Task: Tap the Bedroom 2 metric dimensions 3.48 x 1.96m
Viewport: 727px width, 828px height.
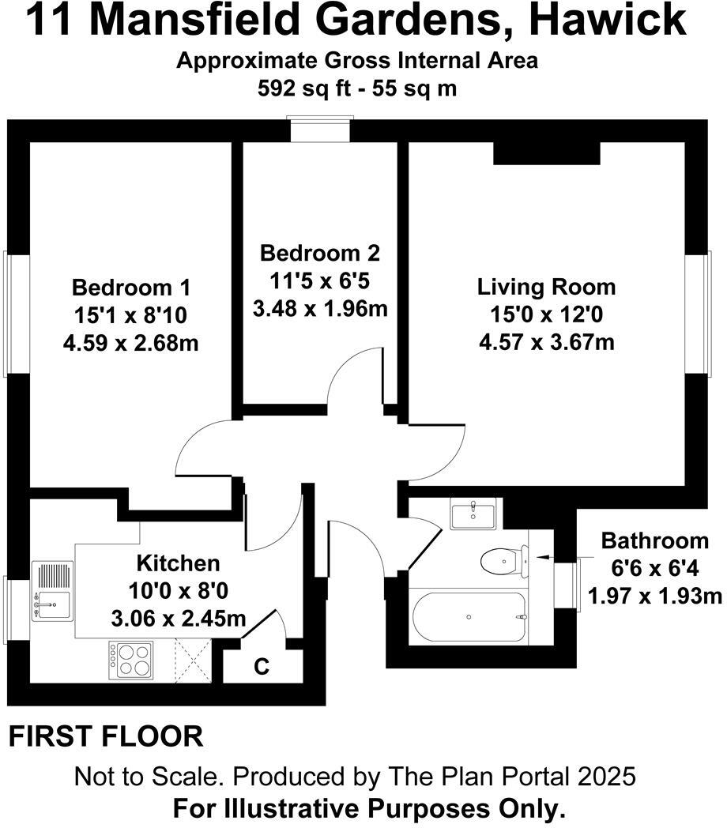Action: pos(320,307)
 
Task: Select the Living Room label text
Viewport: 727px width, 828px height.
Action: pos(546,286)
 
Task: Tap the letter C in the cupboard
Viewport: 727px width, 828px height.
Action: pos(261,666)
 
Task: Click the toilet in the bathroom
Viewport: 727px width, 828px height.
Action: pos(503,561)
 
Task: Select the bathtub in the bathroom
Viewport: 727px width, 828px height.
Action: pos(468,617)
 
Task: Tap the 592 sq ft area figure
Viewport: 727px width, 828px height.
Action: pos(299,88)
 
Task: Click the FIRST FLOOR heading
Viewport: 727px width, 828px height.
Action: pos(106,736)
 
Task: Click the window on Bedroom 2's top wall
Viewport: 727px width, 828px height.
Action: pos(319,130)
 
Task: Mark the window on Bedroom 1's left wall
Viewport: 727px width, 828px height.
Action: pos(18,313)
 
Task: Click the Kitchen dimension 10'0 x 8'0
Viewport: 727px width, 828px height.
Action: pos(178,590)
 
